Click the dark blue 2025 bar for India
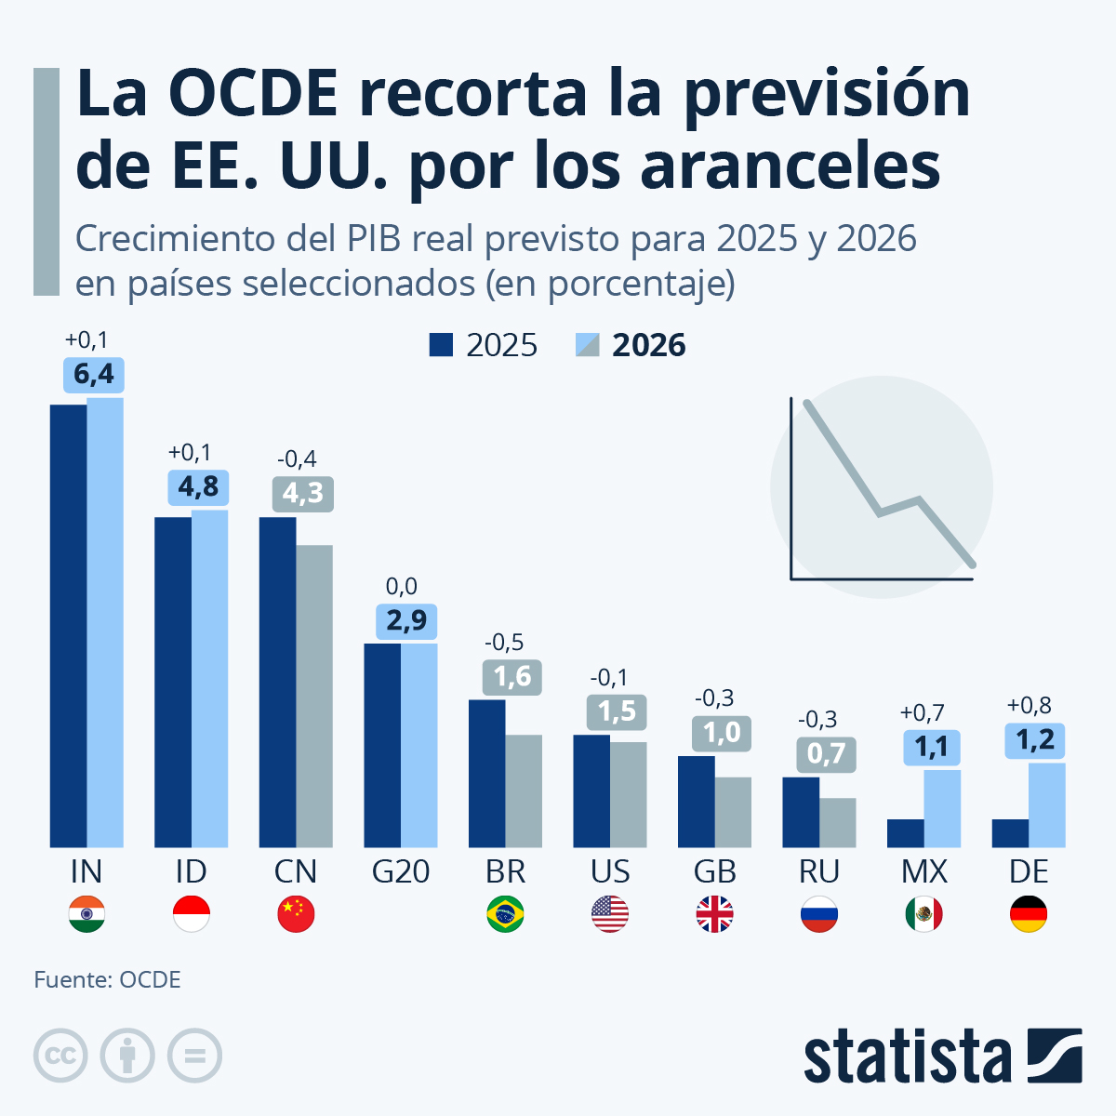[x=68, y=625]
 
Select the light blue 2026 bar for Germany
[x=1047, y=804]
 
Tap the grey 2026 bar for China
[x=314, y=696]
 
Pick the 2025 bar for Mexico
[x=905, y=833]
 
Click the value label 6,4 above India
[x=94, y=375]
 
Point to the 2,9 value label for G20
[x=406, y=621]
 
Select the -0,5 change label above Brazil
[x=505, y=642]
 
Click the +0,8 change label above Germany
[x=1029, y=705]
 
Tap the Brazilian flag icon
[x=505, y=914]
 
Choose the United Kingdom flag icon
[x=714, y=914]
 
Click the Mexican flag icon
[x=923, y=914]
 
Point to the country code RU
[x=819, y=871]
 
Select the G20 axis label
[x=401, y=871]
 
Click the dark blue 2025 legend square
[x=441, y=345]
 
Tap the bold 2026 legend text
[x=648, y=345]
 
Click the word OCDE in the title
[x=254, y=93]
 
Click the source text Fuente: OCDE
[x=108, y=979]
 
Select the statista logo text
[x=907, y=1056]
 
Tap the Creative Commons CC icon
[x=60, y=1056]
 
